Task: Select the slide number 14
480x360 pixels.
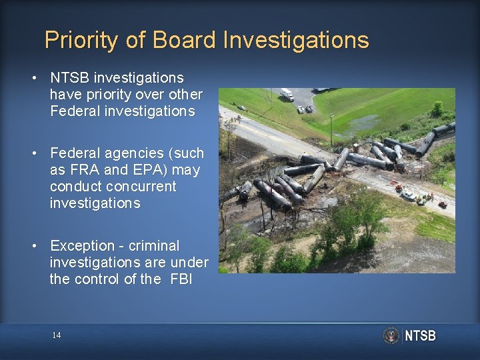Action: point(57,335)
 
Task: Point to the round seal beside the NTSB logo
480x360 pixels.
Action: point(391,335)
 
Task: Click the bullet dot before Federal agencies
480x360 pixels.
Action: point(33,153)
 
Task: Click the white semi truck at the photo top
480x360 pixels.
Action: point(287,95)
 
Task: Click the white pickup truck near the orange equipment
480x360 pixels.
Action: point(409,195)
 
